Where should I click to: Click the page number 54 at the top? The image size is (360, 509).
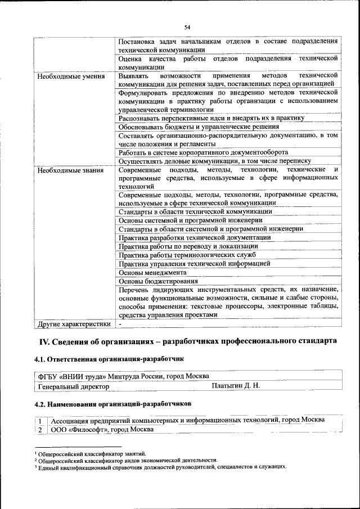[x=187, y=27]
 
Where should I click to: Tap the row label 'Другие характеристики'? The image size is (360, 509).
[x=73, y=325]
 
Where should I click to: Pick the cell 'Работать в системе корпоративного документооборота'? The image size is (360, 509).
[x=204, y=152]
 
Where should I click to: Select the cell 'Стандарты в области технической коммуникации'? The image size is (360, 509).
[x=195, y=211]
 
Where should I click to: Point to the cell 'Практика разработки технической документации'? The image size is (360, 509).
[x=195, y=237]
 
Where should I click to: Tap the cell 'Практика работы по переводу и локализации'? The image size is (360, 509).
[x=188, y=246]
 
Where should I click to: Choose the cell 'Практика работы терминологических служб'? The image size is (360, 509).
[x=187, y=255]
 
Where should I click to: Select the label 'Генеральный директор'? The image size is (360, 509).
[x=73, y=387]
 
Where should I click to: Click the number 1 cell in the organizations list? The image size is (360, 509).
[x=40, y=421]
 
